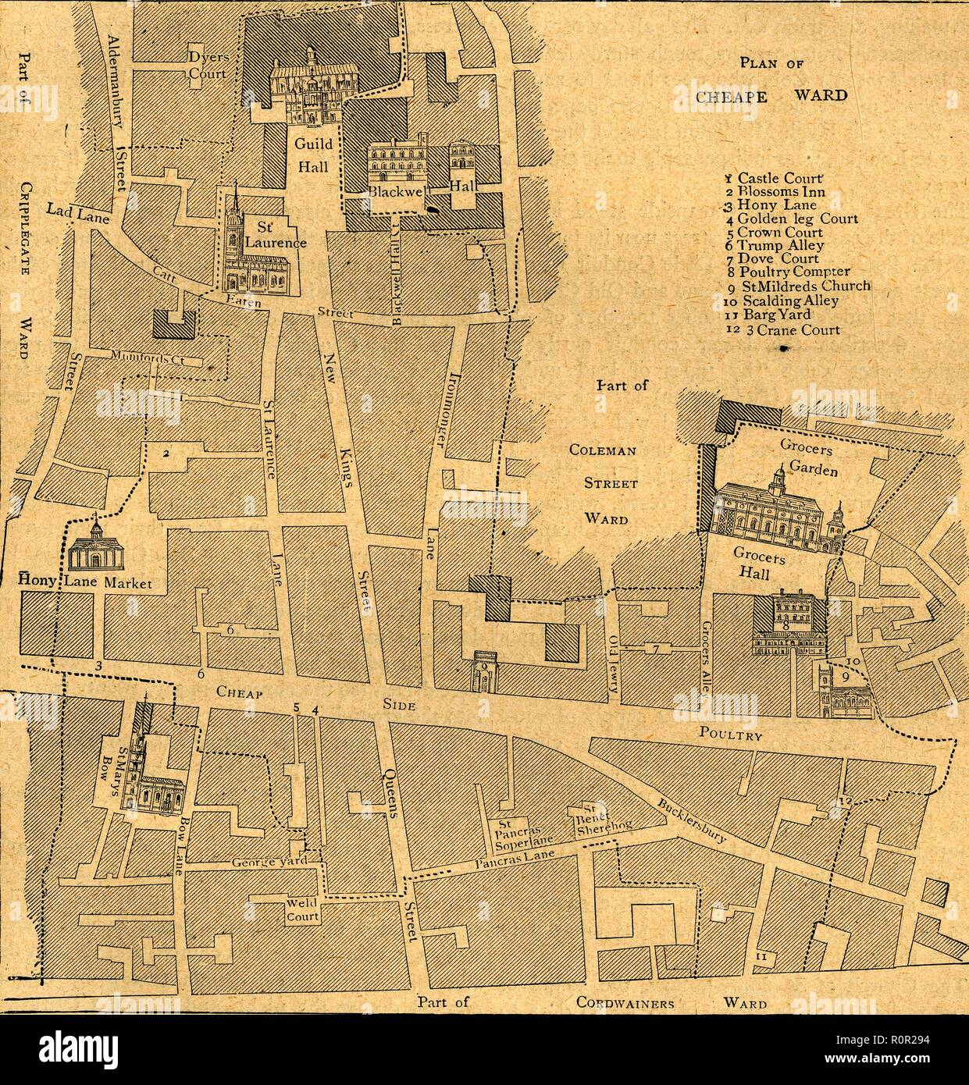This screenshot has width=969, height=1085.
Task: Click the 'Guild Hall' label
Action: [312, 155]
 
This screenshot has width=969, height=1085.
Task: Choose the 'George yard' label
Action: [265, 863]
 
